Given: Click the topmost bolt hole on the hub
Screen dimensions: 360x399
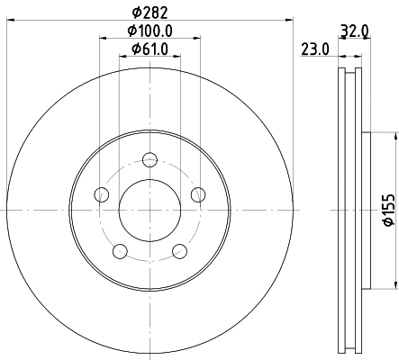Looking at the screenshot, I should (150, 160).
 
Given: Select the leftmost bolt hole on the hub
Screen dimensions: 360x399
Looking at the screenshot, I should (102, 194).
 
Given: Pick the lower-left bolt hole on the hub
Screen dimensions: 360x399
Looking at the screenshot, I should (121, 251).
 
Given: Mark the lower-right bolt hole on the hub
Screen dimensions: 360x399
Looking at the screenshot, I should (180, 251).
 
